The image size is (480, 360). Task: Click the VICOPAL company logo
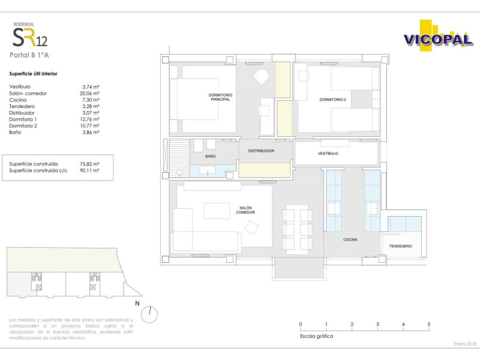tap(438, 36)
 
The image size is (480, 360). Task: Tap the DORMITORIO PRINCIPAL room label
tap(220, 97)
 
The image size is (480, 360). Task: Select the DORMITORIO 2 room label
tap(333, 100)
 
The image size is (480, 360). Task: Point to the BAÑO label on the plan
tap(211, 156)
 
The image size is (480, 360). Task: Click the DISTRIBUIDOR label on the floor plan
tap(261, 151)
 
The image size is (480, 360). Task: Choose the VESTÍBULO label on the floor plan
tap(328, 154)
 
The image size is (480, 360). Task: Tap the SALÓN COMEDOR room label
tap(245, 210)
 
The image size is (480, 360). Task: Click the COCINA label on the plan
tap(350, 239)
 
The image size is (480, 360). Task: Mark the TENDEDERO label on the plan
tap(400, 246)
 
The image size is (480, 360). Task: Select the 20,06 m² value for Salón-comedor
tap(89, 94)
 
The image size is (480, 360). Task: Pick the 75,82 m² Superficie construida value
tap(89, 164)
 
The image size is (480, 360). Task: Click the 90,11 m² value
tap(89, 170)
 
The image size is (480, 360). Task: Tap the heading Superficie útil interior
tap(34, 74)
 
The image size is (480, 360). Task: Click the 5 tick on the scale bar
tap(429, 328)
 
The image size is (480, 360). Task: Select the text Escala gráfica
tap(317, 336)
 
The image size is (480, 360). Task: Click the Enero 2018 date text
tap(464, 344)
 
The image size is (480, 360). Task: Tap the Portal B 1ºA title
tap(29, 55)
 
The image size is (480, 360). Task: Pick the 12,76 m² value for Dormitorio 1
tap(89, 119)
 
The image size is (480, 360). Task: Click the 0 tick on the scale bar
tap(301, 328)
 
